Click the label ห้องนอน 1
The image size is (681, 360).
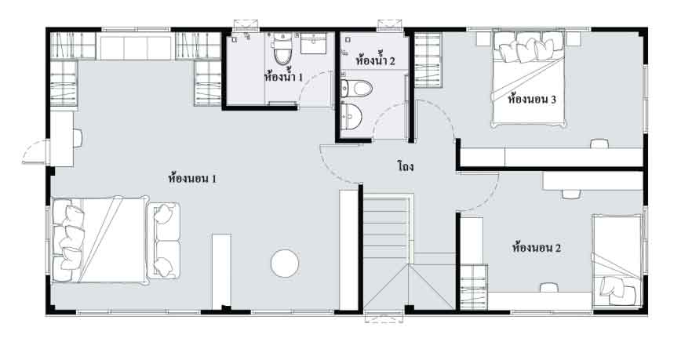(x=192, y=179)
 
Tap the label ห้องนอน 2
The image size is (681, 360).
(x=537, y=248)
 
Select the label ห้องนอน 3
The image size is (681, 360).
(x=532, y=99)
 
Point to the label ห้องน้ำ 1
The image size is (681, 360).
(x=283, y=77)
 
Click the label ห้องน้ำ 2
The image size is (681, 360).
(x=375, y=60)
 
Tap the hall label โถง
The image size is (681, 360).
(x=405, y=166)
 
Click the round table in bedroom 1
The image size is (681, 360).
(x=285, y=264)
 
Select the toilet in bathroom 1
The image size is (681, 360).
(x=282, y=49)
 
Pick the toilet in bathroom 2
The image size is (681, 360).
(x=356, y=89)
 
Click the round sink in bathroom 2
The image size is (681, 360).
(x=351, y=115)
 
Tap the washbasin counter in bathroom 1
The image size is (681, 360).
(x=314, y=43)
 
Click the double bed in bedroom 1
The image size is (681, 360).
(x=100, y=239)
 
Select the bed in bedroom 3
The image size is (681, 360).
(x=529, y=78)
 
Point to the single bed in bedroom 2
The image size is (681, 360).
(x=617, y=260)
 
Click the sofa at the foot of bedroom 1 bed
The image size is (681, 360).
(x=163, y=241)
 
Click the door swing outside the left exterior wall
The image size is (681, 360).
(x=35, y=151)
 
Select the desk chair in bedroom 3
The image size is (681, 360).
(x=599, y=144)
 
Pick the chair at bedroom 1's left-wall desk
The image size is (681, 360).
(x=78, y=138)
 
